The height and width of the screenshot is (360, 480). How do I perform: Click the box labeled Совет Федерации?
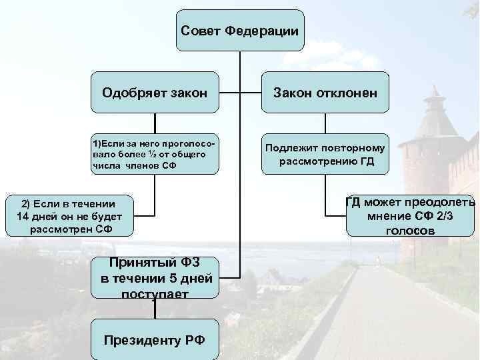[x=240, y=31]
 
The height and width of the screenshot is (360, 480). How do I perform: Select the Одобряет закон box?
[x=155, y=92]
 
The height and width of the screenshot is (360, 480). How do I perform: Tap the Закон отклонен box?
[x=325, y=92]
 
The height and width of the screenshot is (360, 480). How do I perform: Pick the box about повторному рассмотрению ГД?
[x=325, y=155]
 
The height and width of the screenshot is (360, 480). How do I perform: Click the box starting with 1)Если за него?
[x=155, y=155]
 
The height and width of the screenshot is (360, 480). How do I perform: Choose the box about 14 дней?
[x=69, y=217]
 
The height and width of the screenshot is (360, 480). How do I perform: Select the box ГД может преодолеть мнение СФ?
[x=410, y=217]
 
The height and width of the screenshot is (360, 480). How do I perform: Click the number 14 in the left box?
[x=24, y=217]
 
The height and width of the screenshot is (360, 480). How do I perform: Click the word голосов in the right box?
[x=410, y=231]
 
